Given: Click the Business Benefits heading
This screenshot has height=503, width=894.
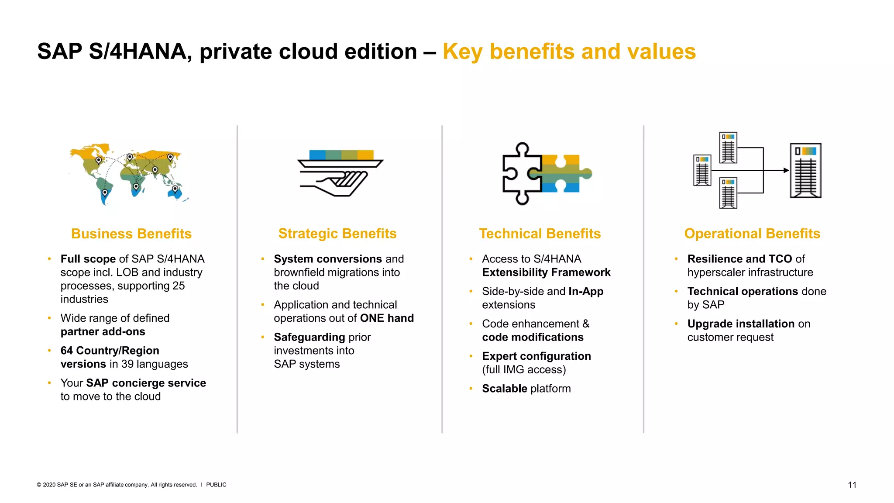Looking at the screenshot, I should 131,234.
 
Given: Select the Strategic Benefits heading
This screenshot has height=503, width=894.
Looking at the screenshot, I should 337,234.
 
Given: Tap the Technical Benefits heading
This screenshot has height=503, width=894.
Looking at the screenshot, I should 540,234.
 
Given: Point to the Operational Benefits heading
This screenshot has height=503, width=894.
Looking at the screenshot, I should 752,234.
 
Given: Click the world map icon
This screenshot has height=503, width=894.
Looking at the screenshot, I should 129,174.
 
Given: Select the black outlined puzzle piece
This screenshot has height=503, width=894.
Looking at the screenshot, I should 519,173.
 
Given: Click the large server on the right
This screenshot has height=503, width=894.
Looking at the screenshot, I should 806,171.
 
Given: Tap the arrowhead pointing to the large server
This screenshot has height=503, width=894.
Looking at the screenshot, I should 786,171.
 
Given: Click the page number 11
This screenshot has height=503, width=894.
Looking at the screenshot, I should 852,485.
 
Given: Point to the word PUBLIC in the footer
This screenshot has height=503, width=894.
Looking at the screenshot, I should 216,485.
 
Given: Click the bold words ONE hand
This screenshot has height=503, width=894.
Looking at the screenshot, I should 387,318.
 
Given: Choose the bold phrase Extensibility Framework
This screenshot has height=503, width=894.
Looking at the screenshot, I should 546,272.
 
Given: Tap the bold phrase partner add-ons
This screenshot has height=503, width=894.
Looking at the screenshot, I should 103,332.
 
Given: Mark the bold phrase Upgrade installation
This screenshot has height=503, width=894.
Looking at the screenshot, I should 741,324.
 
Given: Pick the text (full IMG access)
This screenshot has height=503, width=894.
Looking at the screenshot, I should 524,370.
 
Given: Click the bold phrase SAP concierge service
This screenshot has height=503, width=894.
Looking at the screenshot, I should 146,383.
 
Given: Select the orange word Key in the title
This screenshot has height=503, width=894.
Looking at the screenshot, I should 462,52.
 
